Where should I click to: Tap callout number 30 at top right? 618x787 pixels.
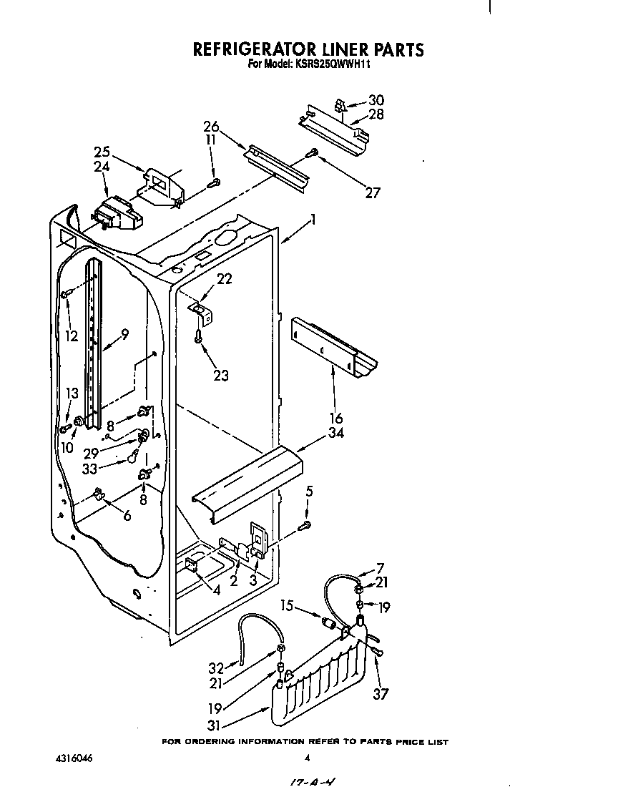pyautogui.click(x=376, y=101)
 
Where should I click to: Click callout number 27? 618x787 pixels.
pyautogui.click(x=373, y=192)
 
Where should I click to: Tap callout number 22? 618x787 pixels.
pyautogui.click(x=225, y=279)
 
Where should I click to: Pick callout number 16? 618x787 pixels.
pyautogui.click(x=336, y=418)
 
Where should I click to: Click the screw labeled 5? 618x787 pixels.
pyautogui.click(x=305, y=526)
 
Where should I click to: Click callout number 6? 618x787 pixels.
pyautogui.click(x=127, y=515)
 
